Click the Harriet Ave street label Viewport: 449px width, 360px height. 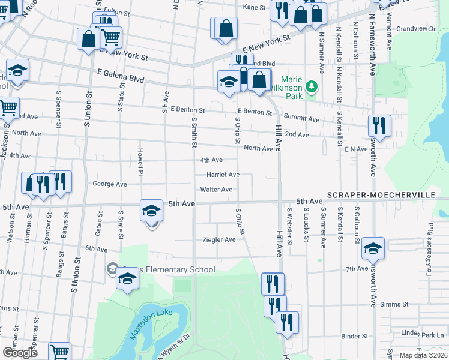223,175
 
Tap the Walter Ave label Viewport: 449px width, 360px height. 216,190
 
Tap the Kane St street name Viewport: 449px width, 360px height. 254,7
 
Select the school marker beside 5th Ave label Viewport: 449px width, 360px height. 152,211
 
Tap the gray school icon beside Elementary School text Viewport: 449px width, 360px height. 112,268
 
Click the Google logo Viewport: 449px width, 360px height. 20,353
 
